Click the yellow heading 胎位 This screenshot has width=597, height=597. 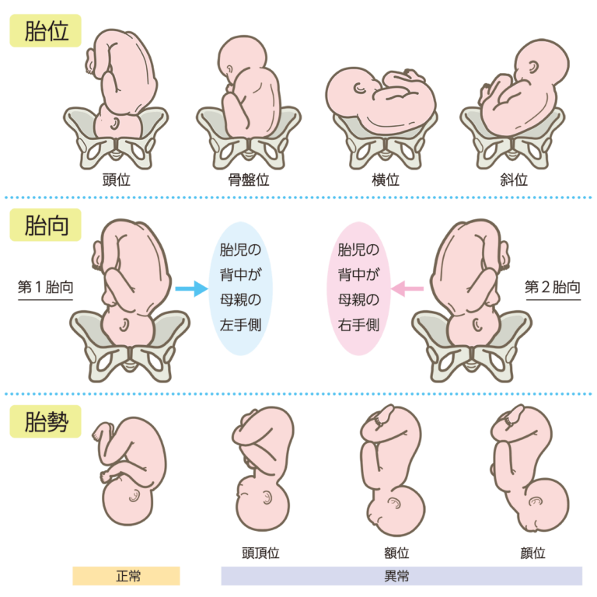tap(46, 31)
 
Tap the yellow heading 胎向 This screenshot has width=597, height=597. tap(46, 225)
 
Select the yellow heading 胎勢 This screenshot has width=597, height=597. tap(46, 421)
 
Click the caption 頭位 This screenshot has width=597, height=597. tap(116, 180)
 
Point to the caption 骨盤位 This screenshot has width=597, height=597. tap(249, 180)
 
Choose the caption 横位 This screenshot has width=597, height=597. tap(386, 180)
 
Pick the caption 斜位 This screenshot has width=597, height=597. tap(514, 180)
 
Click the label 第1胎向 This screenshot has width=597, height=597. tap(45, 287)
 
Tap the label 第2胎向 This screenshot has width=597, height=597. tap(553, 287)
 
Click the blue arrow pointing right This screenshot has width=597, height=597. tap(191, 288)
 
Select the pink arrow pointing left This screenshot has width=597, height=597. tap(407, 288)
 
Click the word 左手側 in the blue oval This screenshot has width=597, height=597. tap(240, 325)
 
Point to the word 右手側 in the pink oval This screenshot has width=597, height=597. tap(358, 325)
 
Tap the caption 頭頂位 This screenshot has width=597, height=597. tap(261, 553)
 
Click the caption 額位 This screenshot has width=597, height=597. tap(396, 553)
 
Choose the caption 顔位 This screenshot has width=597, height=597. tap(532, 553)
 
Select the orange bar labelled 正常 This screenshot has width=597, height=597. tap(127, 576)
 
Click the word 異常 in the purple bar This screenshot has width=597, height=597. tap(396, 576)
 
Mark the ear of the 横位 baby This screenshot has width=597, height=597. tap(359, 89)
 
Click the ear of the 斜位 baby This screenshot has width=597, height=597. tap(533, 67)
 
